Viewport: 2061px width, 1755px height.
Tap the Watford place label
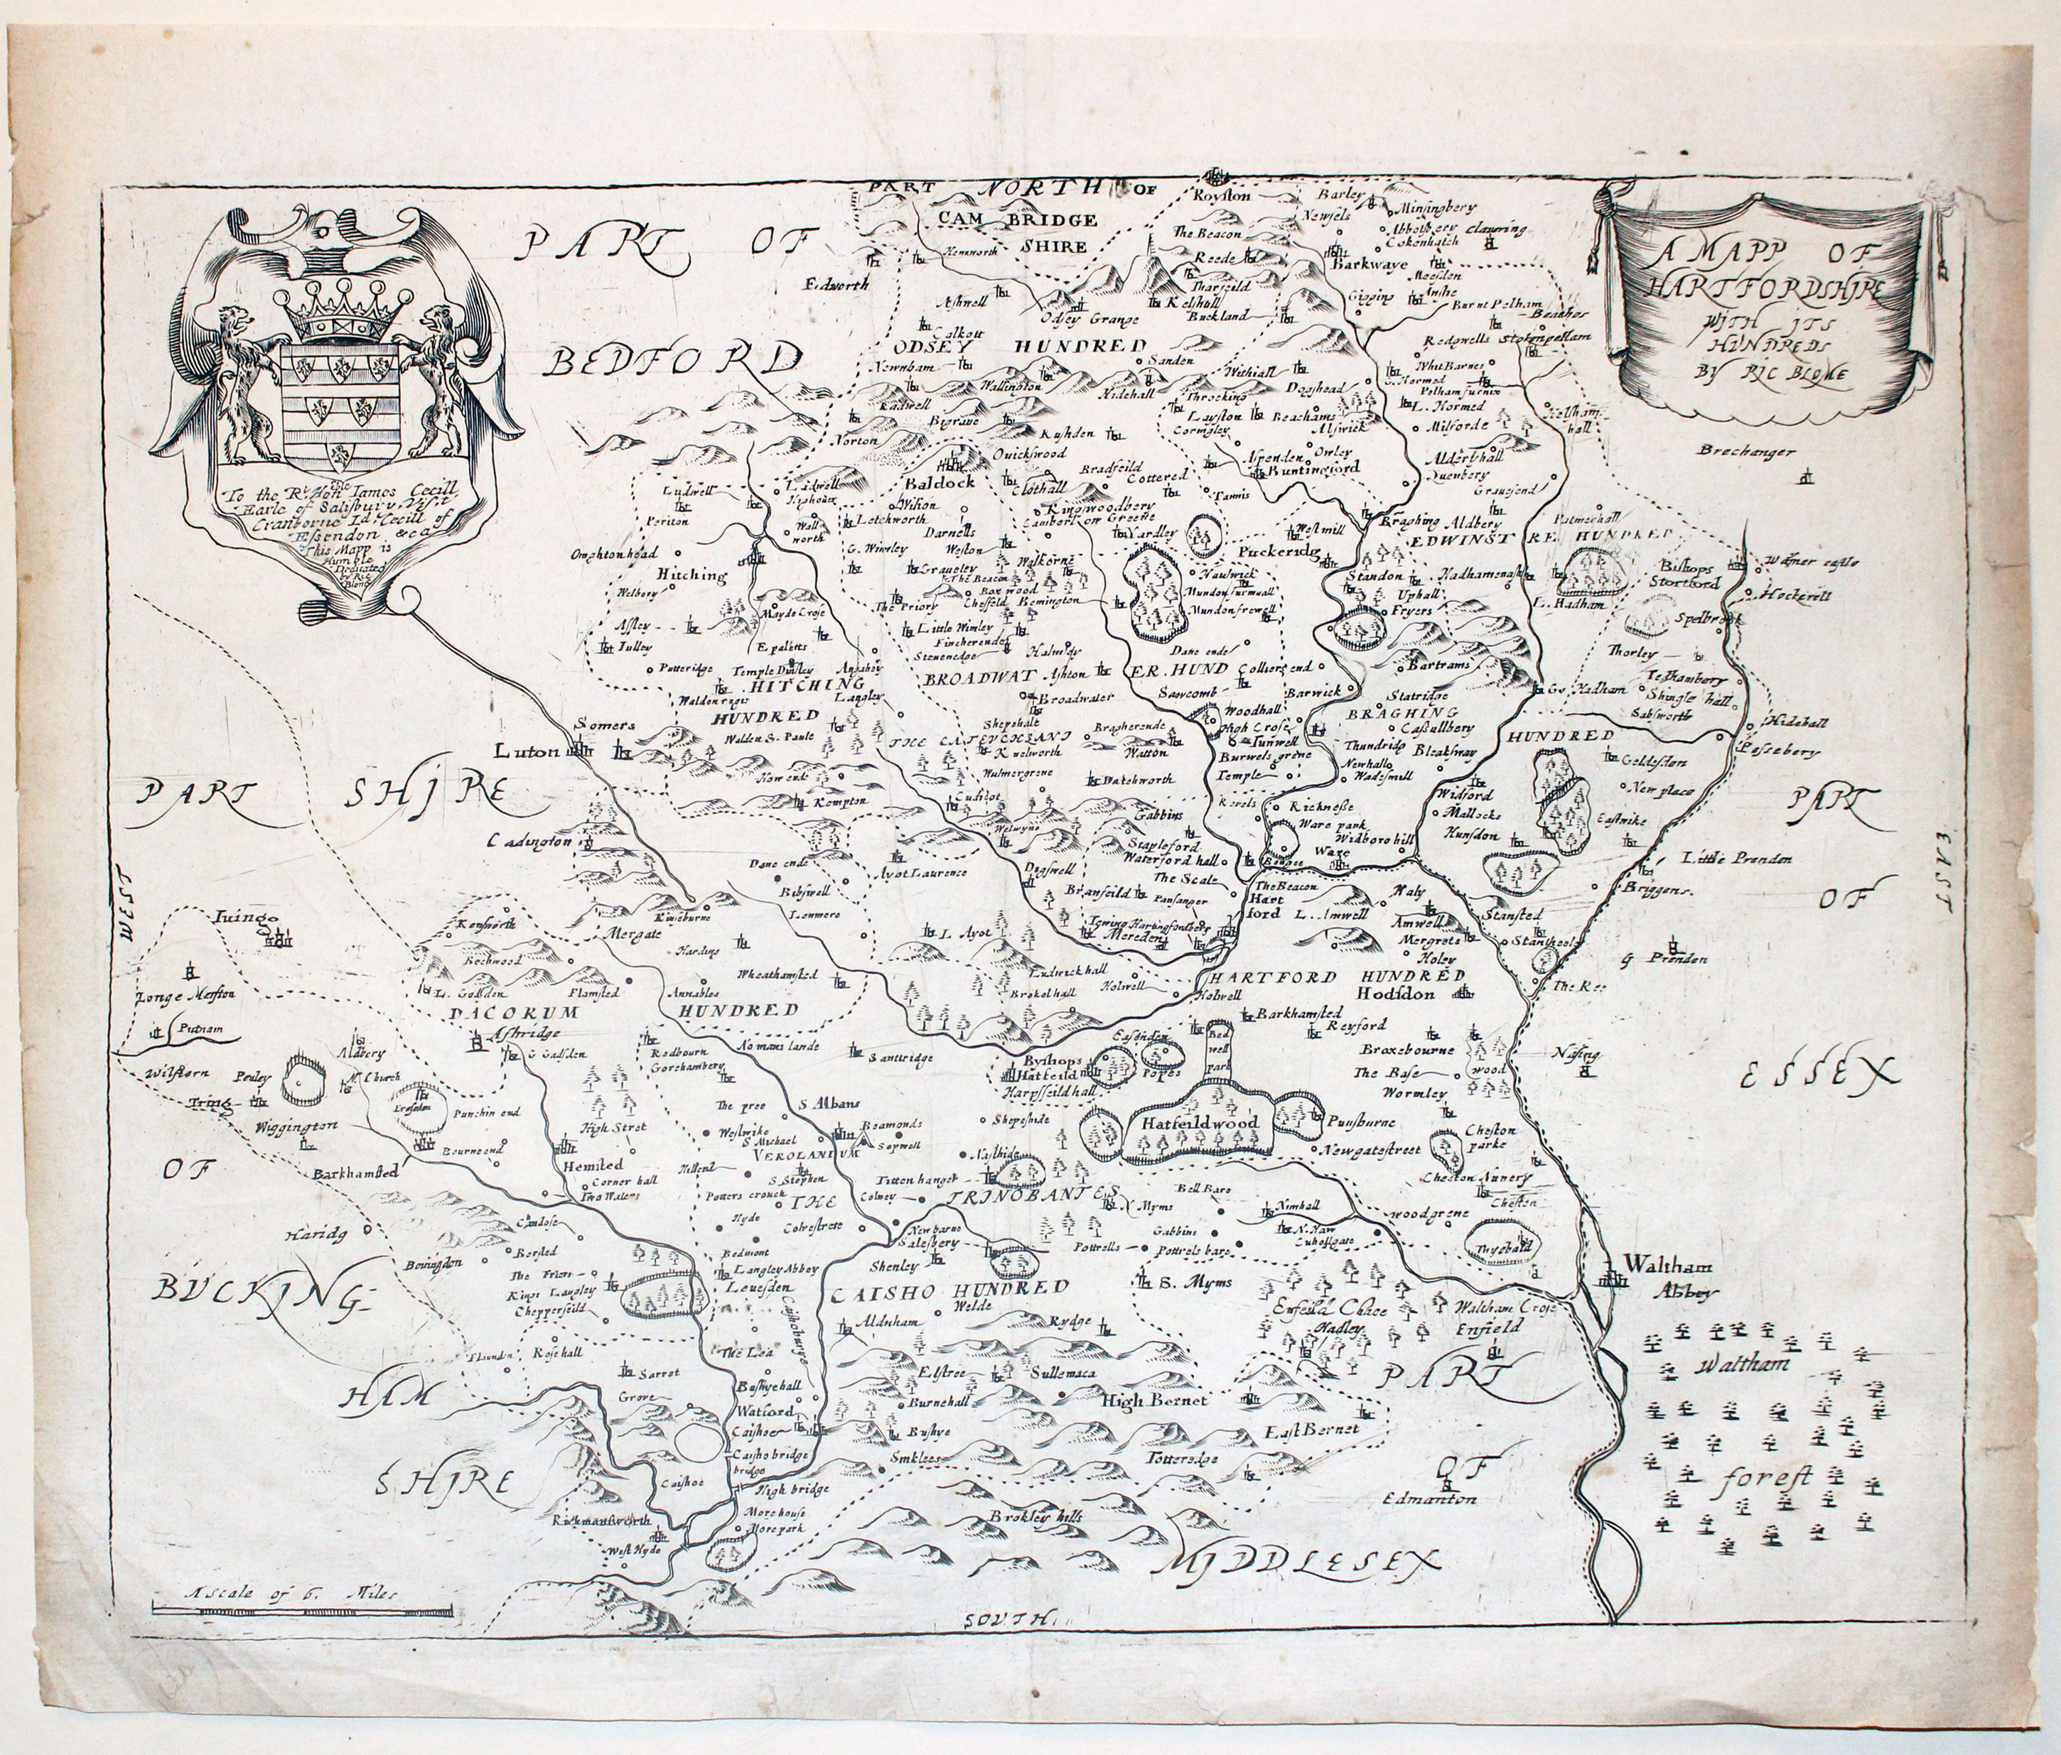click(x=765, y=1412)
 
